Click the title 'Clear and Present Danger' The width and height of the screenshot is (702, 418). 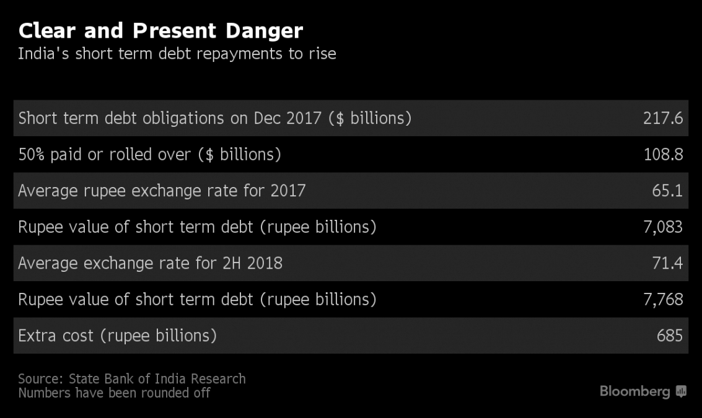tap(160, 30)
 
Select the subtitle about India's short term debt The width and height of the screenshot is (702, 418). tap(177, 54)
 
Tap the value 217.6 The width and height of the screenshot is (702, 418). tap(662, 118)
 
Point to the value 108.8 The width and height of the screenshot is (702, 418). tap(662, 154)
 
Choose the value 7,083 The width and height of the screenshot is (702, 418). tap(662, 227)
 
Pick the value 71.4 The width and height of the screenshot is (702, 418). tap(667, 263)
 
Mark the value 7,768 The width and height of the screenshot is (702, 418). tap(662, 300)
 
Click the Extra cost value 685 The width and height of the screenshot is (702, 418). tap(669, 336)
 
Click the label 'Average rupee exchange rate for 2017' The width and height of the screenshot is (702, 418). tap(162, 190)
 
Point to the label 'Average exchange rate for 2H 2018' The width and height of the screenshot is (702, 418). tap(150, 263)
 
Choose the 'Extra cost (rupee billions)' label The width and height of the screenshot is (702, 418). tap(117, 336)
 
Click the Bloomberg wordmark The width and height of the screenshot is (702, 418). tap(634, 391)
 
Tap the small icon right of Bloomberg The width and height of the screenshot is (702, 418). tap(682, 391)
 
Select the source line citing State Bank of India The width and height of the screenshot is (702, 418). tap(131, 378)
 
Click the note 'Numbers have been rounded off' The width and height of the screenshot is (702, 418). tap(114, 393)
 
